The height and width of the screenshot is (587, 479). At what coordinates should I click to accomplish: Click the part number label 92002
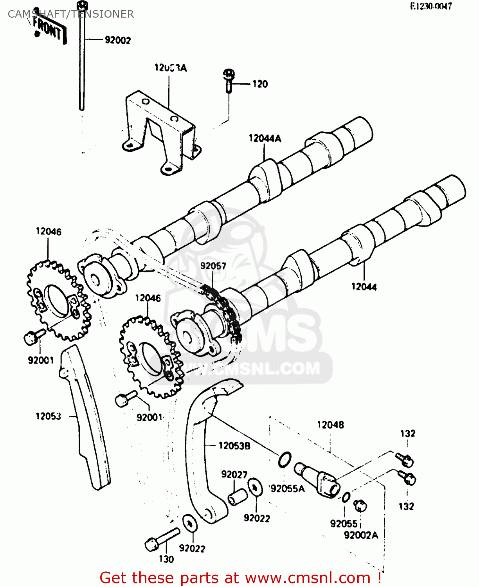pos(118,40)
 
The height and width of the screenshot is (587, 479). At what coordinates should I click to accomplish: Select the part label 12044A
pos(265,138)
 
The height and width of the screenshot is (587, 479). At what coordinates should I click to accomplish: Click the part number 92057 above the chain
pos(213,266)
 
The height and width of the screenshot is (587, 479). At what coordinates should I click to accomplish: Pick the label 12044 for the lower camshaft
pos(364,287)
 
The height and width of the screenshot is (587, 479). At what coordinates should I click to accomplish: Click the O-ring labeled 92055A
pos(285,459)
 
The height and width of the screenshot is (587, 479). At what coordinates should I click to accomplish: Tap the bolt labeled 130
pos(161,539)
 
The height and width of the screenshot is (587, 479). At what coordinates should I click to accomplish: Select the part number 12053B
pos(234,446)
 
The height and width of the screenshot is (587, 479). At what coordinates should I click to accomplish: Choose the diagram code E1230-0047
pos(431,6)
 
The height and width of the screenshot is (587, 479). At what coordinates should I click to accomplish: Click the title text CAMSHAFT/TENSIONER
pos(71,14)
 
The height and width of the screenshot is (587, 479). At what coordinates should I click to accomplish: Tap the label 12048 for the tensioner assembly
pos(330,425)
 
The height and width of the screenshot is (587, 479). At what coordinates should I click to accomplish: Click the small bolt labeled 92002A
pos(360,506)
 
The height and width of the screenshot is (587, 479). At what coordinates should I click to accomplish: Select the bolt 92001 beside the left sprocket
pos(34,336)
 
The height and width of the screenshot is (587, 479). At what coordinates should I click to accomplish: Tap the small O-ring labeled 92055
pos(346,498)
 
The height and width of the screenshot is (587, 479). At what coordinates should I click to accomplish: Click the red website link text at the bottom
pos(240,578)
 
